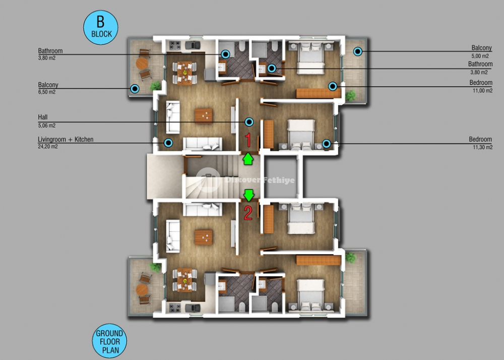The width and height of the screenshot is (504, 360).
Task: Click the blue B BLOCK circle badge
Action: (x=101, y=27)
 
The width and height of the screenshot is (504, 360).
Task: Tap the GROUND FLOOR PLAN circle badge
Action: (x=109, y=341)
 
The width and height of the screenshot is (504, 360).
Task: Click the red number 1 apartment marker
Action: (x=248, y=140)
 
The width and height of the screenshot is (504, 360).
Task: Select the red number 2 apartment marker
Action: (x=248, y=212)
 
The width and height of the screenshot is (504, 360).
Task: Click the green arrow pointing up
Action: (x=248, y=159)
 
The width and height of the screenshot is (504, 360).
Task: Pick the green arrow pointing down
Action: (x=249, y=195)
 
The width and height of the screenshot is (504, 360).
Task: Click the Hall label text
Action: (x=43, y=117)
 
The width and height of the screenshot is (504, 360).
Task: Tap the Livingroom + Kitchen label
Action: (x=66, y=140)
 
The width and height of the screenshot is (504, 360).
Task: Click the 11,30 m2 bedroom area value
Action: (x=482, y=147)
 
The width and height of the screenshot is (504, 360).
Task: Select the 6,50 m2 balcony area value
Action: (x=47, y=92)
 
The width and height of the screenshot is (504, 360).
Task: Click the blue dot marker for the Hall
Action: (x=249, y=122)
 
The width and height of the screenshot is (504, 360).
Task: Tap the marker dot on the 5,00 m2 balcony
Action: (x=358, y=51)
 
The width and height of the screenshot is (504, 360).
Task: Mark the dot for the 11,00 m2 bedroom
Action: (x=333, y=86)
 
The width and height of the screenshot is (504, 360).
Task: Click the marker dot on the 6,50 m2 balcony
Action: (x=135, y=89)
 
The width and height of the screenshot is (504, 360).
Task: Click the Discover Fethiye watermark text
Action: (x=260, y=180)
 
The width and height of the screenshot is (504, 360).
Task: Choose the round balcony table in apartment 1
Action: (x=142, y=64)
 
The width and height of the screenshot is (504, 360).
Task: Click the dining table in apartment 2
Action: (x=184, y=280)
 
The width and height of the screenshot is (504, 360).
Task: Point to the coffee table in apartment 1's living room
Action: (x=204, y=116)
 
